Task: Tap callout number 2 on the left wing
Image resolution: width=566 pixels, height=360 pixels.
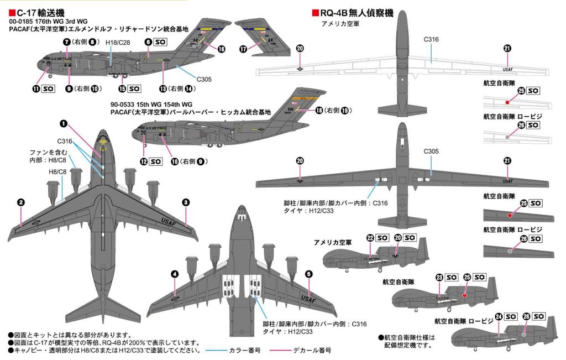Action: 20,202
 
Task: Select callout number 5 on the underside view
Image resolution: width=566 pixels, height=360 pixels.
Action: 308,273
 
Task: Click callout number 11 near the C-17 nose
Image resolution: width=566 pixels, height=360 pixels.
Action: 36,88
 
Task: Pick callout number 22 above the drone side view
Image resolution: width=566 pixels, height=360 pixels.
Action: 370,238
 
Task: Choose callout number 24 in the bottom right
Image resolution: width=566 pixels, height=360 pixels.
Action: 499,316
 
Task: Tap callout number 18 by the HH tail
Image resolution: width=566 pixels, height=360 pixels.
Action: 319,111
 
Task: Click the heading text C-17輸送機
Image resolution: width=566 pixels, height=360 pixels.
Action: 37,12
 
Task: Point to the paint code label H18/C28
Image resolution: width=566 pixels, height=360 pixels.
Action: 117,43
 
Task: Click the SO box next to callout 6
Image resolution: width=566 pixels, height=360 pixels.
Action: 160,41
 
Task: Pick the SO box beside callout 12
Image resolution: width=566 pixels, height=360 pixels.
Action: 155,161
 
